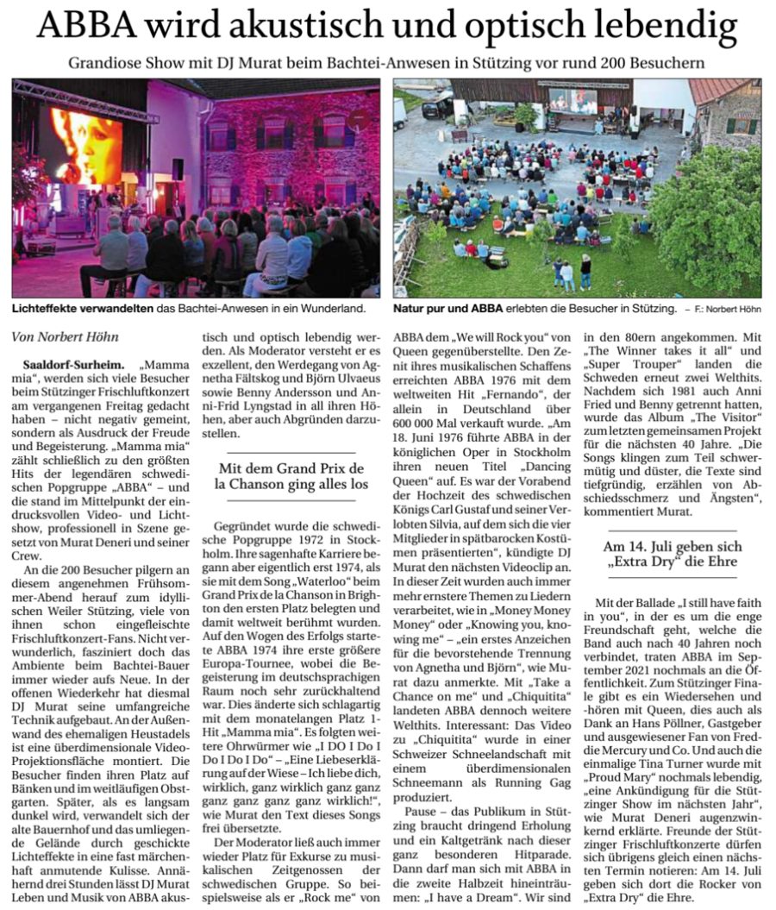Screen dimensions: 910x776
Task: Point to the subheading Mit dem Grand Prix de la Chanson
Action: coord(291,476)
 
